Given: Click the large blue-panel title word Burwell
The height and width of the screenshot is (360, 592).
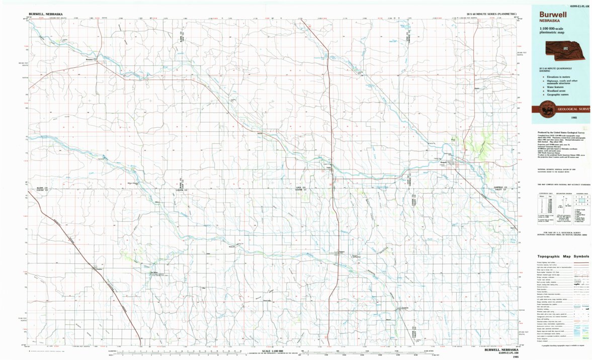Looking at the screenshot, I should point(553,15).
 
